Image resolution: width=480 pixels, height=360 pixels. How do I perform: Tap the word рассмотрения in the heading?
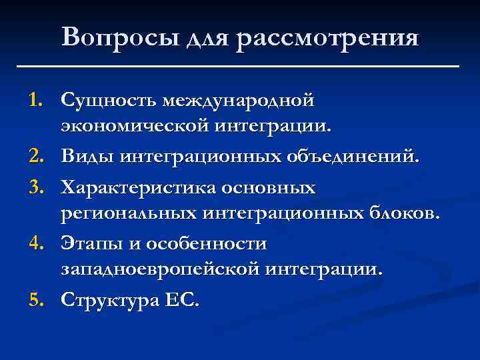tap(326, 38)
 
